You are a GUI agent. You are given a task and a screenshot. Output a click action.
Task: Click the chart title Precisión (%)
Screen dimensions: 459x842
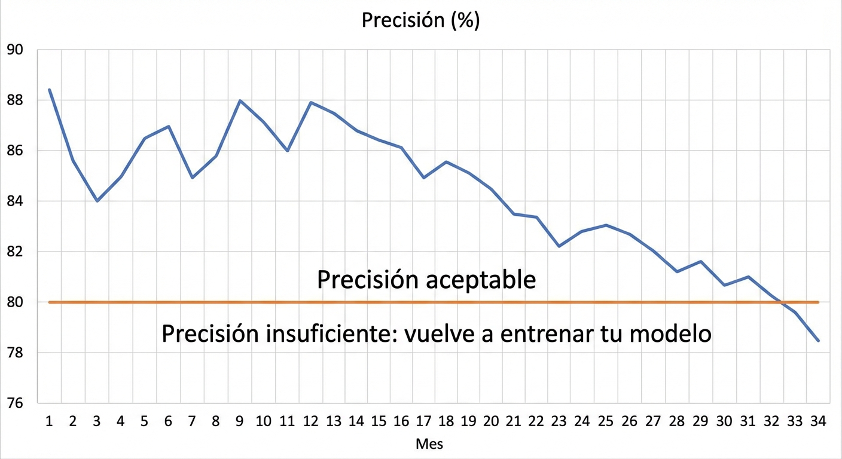[420, 20]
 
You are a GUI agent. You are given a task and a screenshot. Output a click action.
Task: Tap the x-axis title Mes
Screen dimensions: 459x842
[429, 445]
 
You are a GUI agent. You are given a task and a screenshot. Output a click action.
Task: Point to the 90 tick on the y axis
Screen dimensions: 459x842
[14, 50]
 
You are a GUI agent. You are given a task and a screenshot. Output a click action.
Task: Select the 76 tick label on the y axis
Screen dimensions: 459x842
[14, 403]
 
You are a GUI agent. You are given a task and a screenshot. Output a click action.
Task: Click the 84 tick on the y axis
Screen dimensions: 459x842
[14, 201]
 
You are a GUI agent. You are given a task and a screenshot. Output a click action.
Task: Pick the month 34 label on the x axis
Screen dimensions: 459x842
[817, 422]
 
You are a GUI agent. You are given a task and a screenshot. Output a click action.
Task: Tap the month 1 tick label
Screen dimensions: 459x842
[49, 422]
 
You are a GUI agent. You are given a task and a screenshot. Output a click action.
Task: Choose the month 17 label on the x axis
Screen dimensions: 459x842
[423, 422]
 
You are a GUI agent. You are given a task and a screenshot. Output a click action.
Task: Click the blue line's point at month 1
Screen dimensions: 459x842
[49, 90]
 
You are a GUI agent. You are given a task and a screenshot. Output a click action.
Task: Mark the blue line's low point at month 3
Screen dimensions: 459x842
[97, 201]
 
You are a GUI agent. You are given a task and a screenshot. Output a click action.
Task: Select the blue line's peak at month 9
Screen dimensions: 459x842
[240, 100]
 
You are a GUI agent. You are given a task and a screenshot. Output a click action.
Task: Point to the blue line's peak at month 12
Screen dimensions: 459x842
[311, 102]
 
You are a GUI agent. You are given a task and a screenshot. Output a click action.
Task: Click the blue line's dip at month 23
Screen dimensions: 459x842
[559, 246]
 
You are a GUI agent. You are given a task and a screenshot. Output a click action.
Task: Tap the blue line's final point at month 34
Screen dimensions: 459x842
[818, 341]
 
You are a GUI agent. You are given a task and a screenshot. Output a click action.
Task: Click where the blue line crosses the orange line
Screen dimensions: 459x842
[782, 302]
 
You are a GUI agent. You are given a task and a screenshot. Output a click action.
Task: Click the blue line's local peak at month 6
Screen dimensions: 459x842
[169, 126]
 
